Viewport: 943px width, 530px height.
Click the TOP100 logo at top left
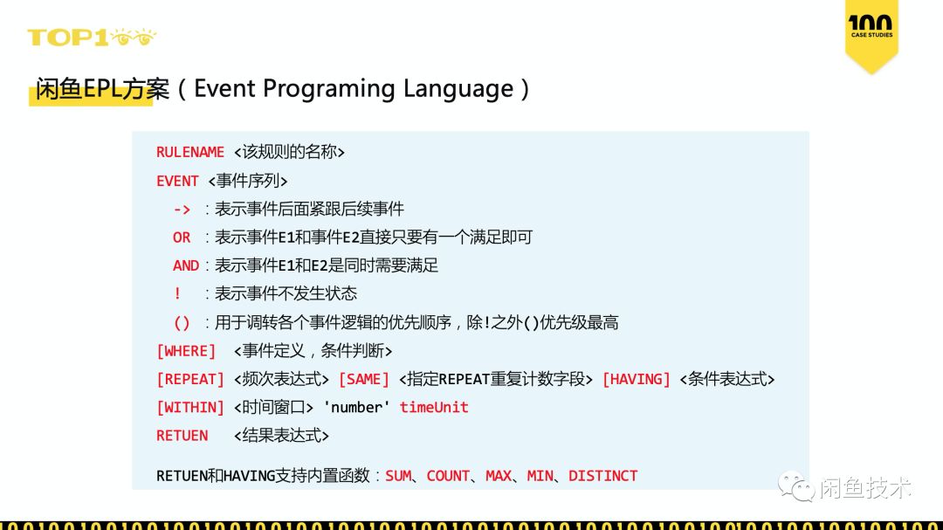pos(92,38)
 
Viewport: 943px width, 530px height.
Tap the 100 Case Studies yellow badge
pos(871,35)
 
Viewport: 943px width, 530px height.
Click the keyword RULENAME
pos(190,152)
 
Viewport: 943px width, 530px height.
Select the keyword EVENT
pos(177,181)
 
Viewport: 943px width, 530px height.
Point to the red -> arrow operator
pos(182,209)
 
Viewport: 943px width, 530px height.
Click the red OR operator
pos(182,237)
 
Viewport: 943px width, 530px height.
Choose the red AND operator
pos(186,265)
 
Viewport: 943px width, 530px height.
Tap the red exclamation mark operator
pos(178,293)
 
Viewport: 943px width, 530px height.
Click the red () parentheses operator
pos(182,322)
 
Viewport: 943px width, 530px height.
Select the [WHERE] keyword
pos(186,351)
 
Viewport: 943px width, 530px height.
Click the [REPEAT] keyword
pos(190,379)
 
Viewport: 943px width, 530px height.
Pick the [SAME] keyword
pos(363,379)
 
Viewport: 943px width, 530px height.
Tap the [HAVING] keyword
pos(637,379)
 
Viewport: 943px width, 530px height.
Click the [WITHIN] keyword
pos(190,407)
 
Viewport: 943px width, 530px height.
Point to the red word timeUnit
pos(434,407)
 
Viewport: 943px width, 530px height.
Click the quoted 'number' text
pos(357,407)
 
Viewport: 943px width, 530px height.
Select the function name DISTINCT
pos(603,476)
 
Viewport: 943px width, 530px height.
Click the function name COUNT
pos(448,476)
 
